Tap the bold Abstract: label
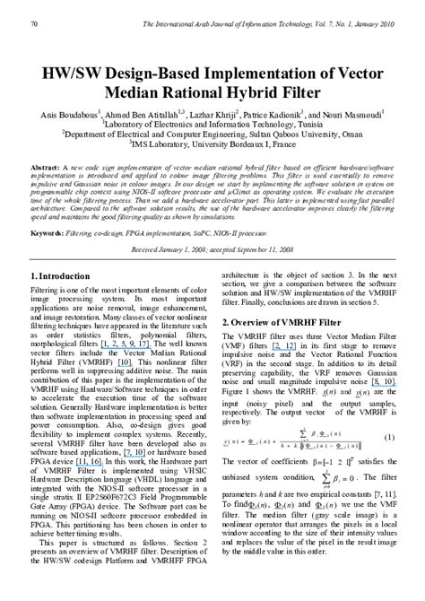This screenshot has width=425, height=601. [48, 168]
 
